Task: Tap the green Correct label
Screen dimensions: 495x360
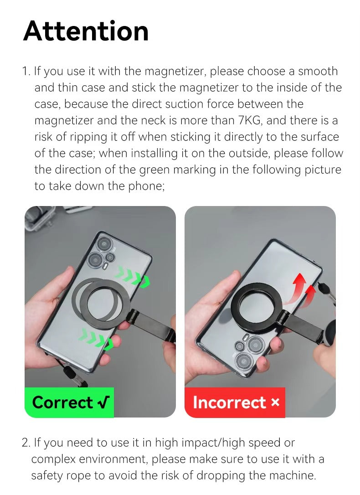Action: tap(69, 402)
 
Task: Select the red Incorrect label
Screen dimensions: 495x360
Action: tap(235, 402)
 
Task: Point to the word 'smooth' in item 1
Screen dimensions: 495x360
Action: tap(318, 71)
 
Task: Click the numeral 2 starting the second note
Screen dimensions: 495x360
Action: tap(25, 442)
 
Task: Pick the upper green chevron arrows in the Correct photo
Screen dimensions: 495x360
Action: tap(132, 277)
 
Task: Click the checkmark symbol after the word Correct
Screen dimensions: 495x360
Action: tap(103, 402)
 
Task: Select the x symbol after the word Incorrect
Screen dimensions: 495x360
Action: tap(275, 402)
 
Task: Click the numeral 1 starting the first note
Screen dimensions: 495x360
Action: tap(26, 71)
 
